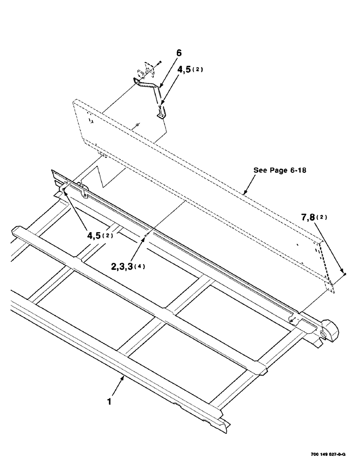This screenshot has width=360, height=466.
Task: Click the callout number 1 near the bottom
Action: click(x=110, y=400)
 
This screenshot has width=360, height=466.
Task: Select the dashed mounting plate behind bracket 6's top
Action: click(x=145, y=70)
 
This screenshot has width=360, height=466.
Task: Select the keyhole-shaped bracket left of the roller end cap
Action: click(x=294, y=319)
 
